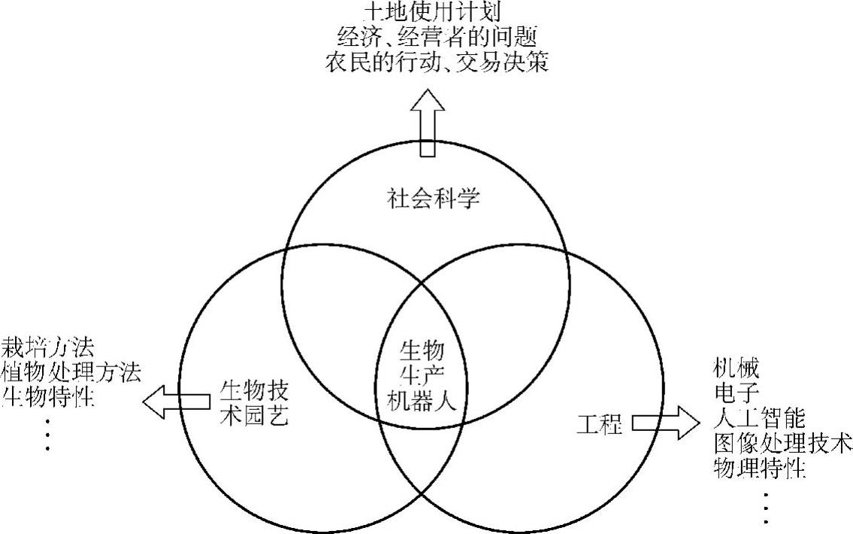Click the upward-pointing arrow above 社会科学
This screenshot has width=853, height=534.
pyautogui.click(x=426, y=123)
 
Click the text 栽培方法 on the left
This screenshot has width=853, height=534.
pyautogui.click(x=47, y=347)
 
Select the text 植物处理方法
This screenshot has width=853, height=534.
pyautogui.click(x=71, y=371)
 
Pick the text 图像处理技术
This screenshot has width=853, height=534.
pyautogui.click(x=782, y=441)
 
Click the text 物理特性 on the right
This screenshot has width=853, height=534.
pyautogui.click(x=759, y=468)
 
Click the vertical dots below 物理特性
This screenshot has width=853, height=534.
pyautogui.click(x=767, y=508)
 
